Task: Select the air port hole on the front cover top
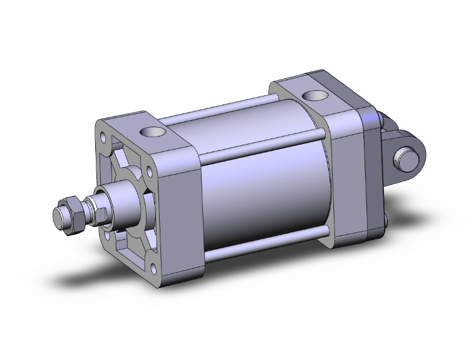coord(150,132)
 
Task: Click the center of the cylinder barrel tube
coord(263,188)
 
